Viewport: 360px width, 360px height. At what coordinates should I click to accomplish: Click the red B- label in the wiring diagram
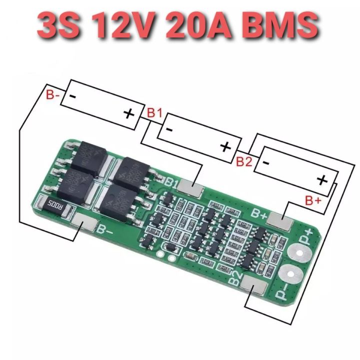[53, 94]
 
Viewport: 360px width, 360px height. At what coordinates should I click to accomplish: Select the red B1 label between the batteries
[154, 113]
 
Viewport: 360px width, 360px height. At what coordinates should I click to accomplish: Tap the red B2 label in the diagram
[244, 160]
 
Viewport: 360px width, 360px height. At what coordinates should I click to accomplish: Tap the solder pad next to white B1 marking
[190, 186]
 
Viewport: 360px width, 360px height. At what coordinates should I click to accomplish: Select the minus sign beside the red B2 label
[266, 162]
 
